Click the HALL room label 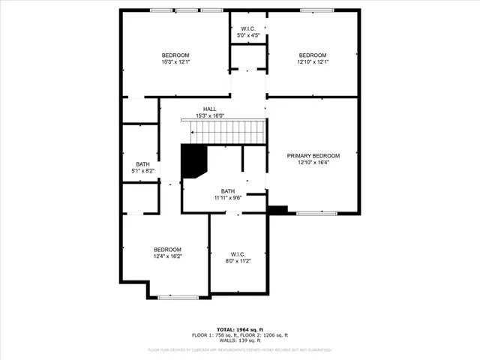209,109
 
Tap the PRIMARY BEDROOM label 313,156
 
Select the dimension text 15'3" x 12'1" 175,61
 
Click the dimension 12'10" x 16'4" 313,163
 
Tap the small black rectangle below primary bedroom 277,210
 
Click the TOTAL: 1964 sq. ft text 240,329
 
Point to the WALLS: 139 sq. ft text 240,340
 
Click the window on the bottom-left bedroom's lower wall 178,298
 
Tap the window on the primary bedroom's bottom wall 316,214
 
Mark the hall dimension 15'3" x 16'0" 210,115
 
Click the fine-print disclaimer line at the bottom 240,349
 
